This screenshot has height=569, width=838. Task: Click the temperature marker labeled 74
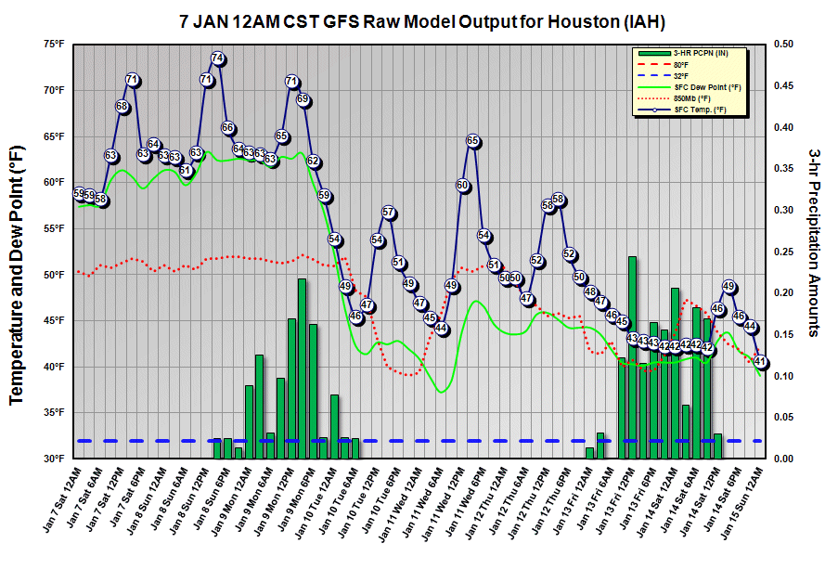click(217, 58)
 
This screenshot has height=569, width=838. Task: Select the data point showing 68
click(122, 107)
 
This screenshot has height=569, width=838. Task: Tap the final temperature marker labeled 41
click(761, 362)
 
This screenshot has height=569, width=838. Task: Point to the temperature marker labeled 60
click(462, 186)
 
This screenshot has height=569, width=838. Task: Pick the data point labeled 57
click(389, 213)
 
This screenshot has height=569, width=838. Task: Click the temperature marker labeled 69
click(303, 99)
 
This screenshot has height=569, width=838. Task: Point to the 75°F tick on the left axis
click(52, 44)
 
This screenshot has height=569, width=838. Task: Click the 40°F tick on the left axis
click(52, 367)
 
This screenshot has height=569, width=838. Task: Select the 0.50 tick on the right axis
click(783, 44)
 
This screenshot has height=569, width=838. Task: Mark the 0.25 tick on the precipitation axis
click(783, 252)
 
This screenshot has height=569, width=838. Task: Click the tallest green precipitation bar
click(632, 356)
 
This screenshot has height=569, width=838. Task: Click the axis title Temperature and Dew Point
click(16, 269)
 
